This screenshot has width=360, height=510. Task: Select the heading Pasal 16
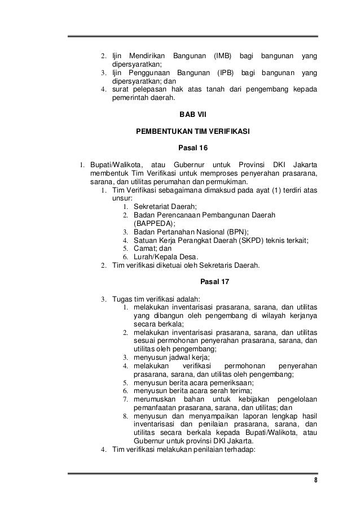[x=192, y=148]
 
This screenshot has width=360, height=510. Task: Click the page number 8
[x=315, y=481]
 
